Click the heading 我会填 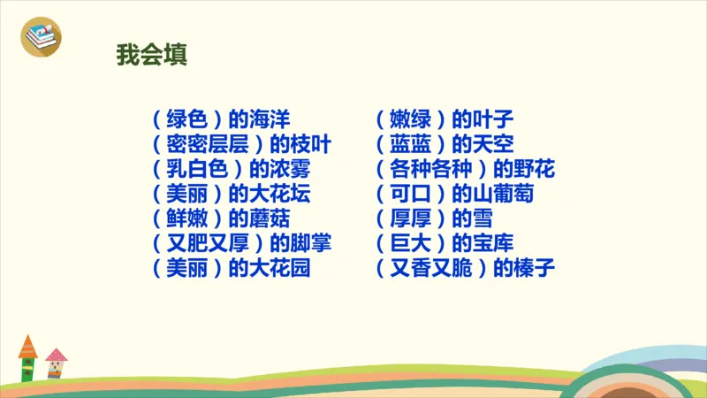click(x=151, y=54)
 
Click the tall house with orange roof click(x=27, y=358)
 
